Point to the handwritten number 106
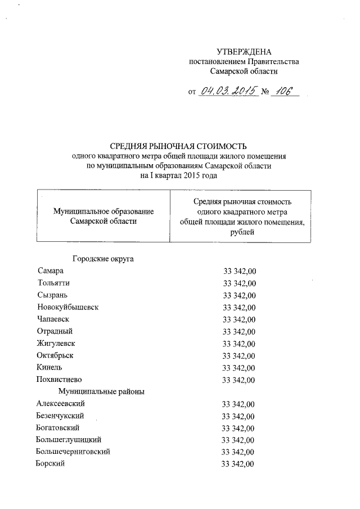pos(283,91)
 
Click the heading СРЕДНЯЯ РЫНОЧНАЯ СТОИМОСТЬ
pos(179,146)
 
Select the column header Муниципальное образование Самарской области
pos(103,216)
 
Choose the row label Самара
pos(51,271)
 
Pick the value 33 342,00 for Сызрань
pos(240,296)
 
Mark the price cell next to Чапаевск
pos(240,320)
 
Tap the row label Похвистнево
pos(58,380)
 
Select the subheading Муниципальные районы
pos(101,391)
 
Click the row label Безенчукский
pos(60,416)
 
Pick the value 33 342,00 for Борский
pos(238,465)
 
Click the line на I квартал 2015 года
pos(179,175)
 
